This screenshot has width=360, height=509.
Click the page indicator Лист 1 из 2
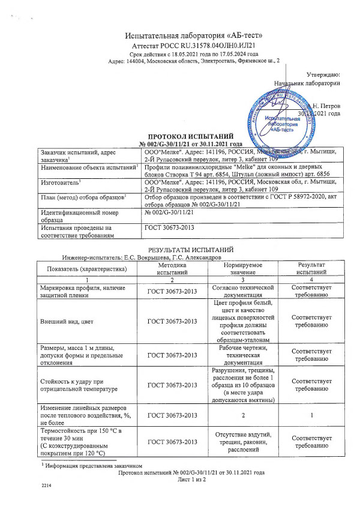pos(191,480)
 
